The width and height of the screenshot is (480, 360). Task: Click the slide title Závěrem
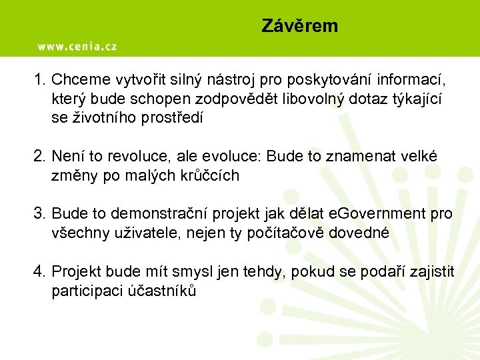pyautogui.click(x=299, y=26)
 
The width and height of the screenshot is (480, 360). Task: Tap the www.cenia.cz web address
pyautogui.click(x=77, y=47)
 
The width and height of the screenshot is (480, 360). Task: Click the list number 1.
pyautogui.click(x=39, y=81)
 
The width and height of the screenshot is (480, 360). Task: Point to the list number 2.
pyautogui.click(x=39, y=157)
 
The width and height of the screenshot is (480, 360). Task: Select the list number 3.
pyautogui.click(x=39, y=214)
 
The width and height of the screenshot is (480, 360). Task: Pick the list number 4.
pyautogui.click(x=39, y=271)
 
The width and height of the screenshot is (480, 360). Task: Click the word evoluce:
pyautogui.click(x=229, y=157)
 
